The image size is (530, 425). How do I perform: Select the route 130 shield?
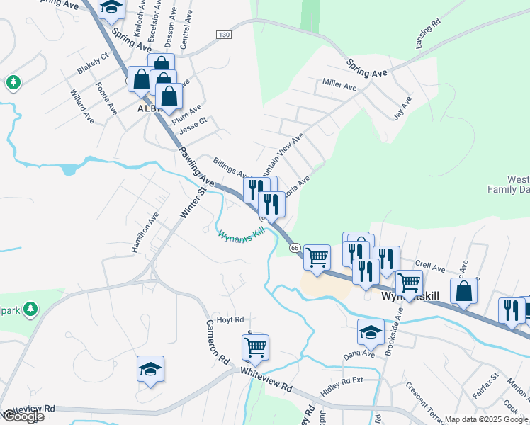[224, 35]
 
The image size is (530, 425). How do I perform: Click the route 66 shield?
[295, 247]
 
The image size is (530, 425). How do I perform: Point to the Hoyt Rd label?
[230, 319]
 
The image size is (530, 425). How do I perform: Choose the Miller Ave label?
[339, 86]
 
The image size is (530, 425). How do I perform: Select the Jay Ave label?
[402, 110]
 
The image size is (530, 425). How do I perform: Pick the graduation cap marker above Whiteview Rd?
[150, 368]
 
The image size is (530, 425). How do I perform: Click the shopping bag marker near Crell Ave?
[463, 290]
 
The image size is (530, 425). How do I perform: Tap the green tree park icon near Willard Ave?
[13, 83]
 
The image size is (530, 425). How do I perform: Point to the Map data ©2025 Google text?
[486, 419]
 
